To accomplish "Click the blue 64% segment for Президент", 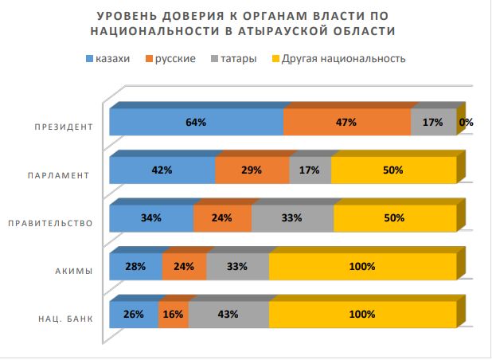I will pos(196,123).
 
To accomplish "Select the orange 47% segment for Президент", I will pos(346,123).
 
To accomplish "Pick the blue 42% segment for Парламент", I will pos(162,170).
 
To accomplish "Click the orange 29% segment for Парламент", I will pos(252,170).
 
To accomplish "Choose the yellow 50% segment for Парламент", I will pos(393,170).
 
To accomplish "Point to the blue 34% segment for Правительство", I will pos(151,217).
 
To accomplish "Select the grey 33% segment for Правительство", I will pos(292,217).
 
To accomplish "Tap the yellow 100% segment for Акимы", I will pos(362,267).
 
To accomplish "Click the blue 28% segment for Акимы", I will pos(135,267).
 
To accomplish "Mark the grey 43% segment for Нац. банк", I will pos(228,314).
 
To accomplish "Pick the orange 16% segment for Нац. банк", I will pos(174,314).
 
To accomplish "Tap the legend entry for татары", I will pos(232,59).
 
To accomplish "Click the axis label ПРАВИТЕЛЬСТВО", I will pos(50,223).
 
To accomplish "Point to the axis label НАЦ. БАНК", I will pos(65,319).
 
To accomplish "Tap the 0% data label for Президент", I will pos(467,123).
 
